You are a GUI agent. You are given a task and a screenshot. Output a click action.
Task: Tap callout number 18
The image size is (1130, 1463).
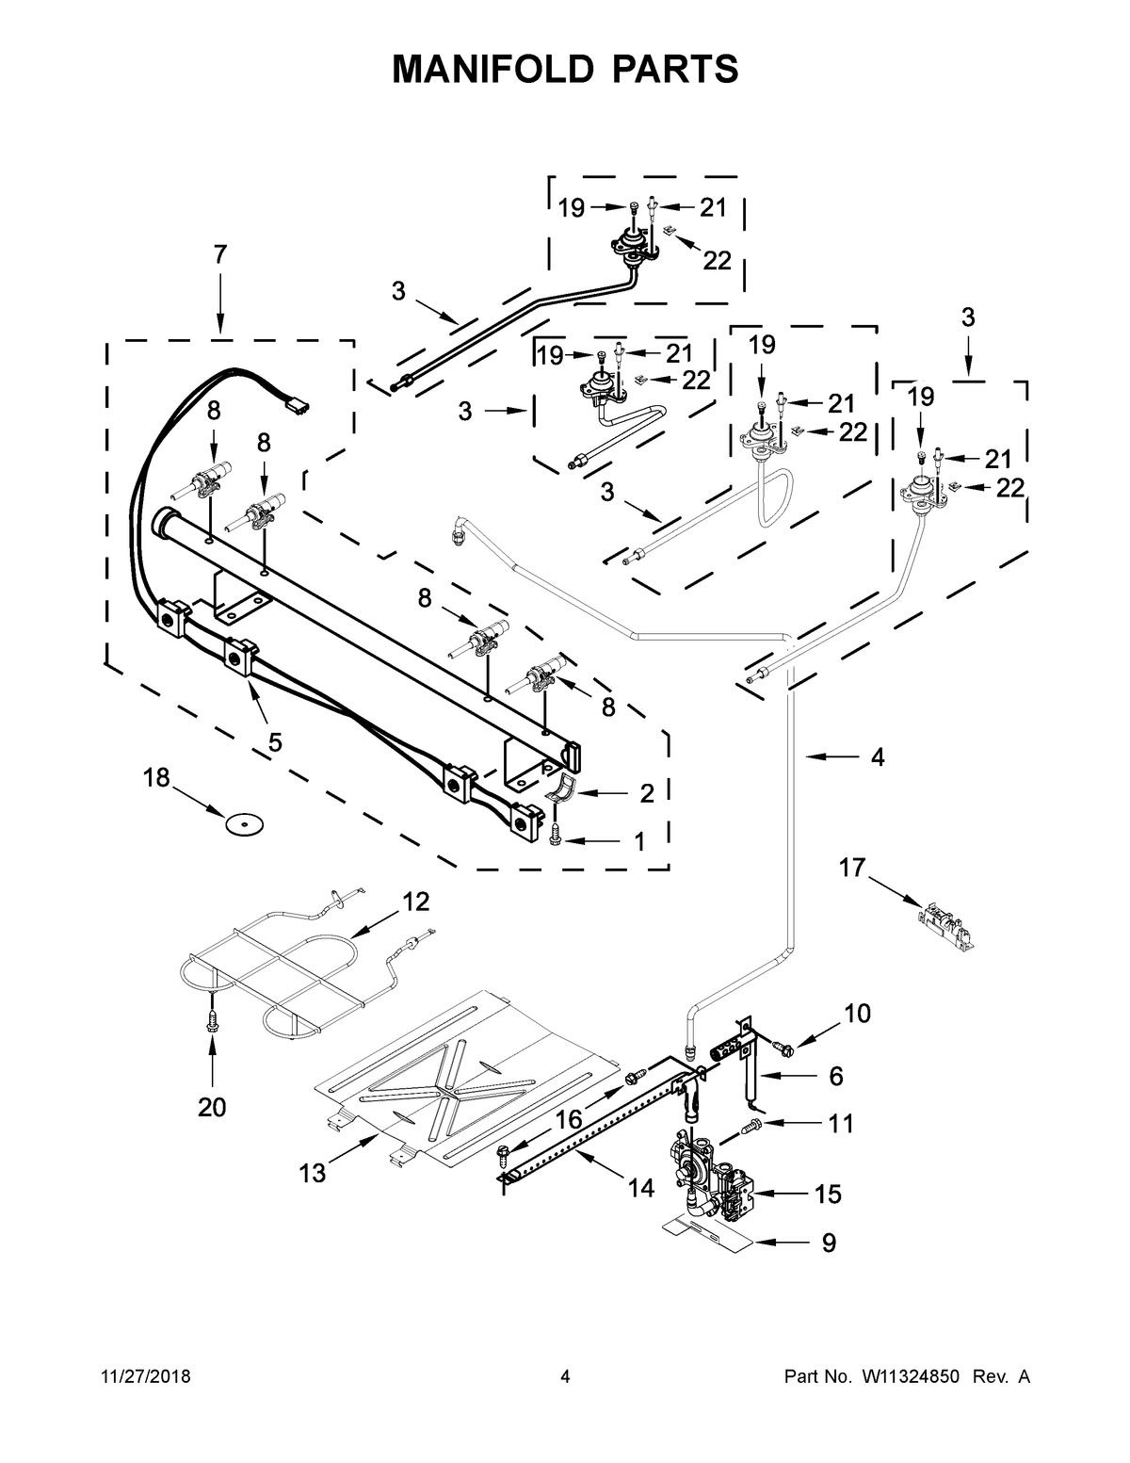(156, 778)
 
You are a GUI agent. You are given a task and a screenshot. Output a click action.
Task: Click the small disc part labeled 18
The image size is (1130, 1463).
(244, 823)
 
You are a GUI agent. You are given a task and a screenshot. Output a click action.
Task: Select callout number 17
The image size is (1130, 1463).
(851, 868)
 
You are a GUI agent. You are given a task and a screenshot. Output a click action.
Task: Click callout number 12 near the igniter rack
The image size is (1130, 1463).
(416, 902)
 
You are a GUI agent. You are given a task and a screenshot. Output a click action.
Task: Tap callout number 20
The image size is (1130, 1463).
(211, 1108)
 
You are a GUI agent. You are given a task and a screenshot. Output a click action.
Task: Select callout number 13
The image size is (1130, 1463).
(313, 1174)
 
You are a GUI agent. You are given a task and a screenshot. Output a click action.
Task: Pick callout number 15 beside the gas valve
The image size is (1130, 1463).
(828, 1194)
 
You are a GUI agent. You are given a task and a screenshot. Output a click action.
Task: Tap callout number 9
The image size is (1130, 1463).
(829, 1243)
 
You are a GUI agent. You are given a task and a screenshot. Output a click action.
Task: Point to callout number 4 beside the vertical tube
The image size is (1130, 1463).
(877, 757)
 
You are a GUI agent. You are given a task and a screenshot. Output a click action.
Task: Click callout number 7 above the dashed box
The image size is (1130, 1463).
(220, 254)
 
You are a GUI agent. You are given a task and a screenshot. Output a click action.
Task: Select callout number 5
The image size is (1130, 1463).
(275, 742)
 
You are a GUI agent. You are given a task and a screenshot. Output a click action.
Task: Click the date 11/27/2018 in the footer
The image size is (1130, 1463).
(146, 1377)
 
